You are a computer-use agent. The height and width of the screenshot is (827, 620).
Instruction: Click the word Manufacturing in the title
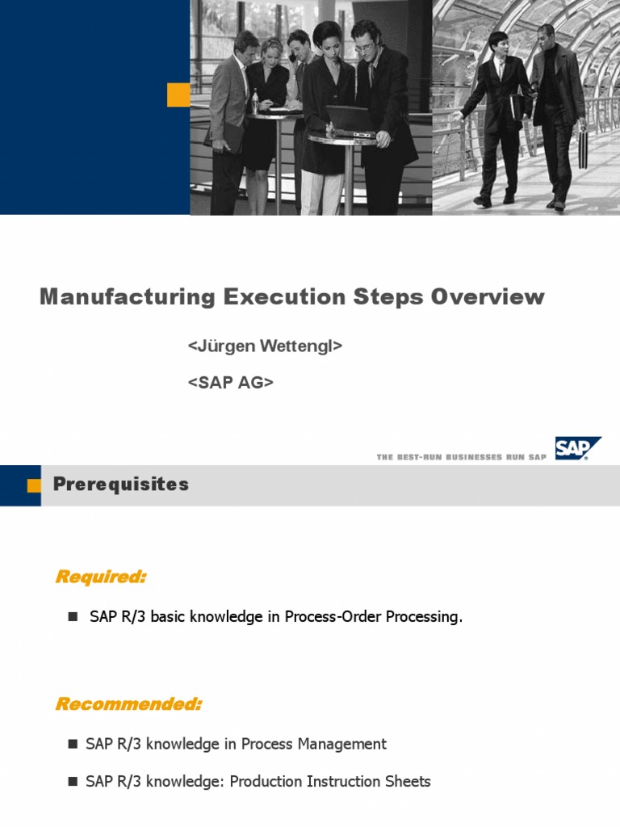(x=127, y=297)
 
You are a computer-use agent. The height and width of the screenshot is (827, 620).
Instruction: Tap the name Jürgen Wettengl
(x=266, y=346)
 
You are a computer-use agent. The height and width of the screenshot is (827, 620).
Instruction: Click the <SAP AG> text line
(x=231, y=383)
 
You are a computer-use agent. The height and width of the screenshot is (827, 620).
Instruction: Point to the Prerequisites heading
(x=121, y=485)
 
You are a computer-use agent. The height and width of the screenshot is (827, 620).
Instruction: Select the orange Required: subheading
(x=101, y=577)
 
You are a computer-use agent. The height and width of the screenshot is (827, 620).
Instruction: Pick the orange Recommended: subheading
(x=128, y=704)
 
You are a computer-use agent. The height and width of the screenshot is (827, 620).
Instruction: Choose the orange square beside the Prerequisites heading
(x=34, y=485)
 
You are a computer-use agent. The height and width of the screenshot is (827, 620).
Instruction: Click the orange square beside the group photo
(x=178, y=94)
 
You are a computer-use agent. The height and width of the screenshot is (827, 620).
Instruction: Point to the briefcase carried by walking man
(x=583, y=147)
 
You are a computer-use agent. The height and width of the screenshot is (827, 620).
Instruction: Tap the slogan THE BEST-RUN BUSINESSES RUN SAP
(x=461, y=457)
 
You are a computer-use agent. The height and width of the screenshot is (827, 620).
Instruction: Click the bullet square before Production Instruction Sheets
(x=72, y=782)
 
